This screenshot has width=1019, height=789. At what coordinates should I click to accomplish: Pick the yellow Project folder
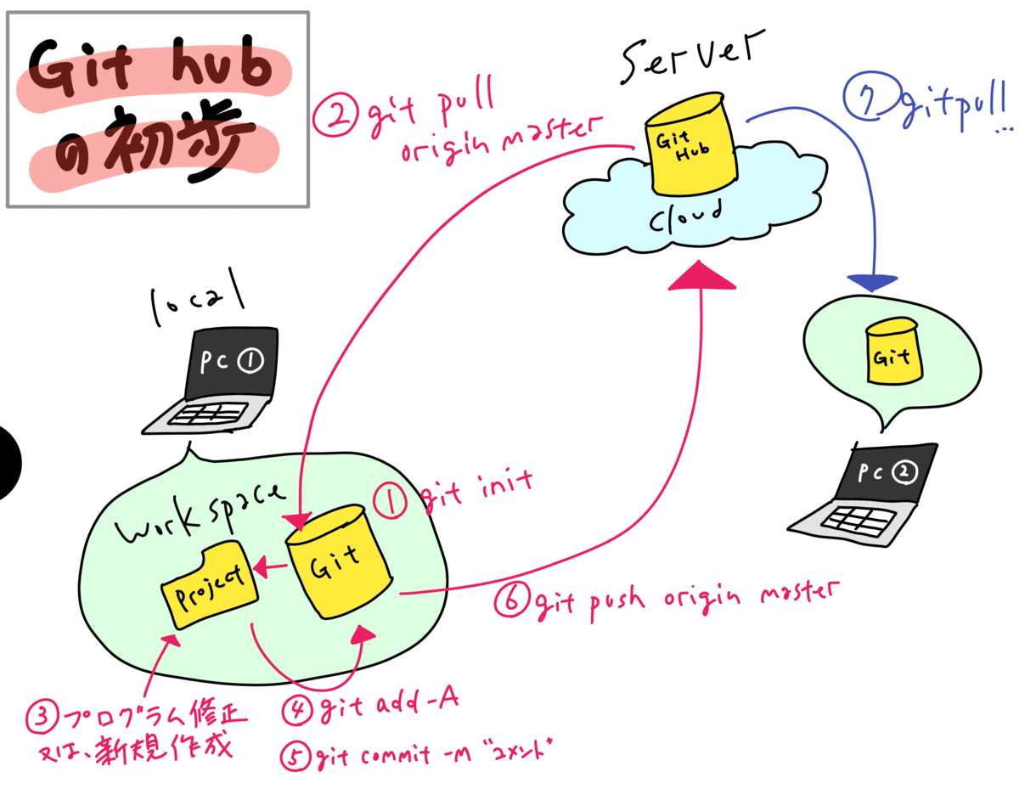(x=208, y=587)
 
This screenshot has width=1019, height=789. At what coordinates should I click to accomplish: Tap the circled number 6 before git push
(x=512, y=601)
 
